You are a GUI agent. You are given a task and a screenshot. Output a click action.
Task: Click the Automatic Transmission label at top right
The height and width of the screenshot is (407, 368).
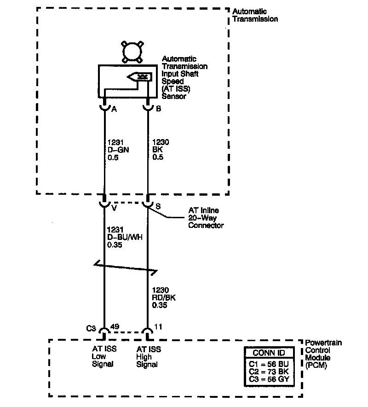tap(255, 15)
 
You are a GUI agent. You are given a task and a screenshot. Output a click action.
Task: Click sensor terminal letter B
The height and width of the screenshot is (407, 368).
tap(158, 109)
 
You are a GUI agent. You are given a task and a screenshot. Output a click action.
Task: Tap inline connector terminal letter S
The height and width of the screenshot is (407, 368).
tap(158, 207)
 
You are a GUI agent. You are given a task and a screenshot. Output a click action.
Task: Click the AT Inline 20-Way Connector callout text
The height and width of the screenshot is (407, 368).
tap(206, 218)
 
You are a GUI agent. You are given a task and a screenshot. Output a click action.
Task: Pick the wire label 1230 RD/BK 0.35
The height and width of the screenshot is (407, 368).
tap(164, 298)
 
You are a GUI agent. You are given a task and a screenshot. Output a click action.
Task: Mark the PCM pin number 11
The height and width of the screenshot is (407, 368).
tap(158, 327)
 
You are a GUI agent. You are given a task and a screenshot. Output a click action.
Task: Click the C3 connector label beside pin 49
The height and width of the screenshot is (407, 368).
tap(91, 328)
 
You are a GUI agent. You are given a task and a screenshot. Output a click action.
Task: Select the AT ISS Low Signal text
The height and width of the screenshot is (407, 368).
tap(104, 357)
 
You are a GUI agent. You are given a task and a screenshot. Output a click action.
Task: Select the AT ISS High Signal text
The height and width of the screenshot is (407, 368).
tap(149, 357)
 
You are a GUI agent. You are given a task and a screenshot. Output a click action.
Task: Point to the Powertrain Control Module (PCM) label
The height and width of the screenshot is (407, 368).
tap(323, 354)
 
